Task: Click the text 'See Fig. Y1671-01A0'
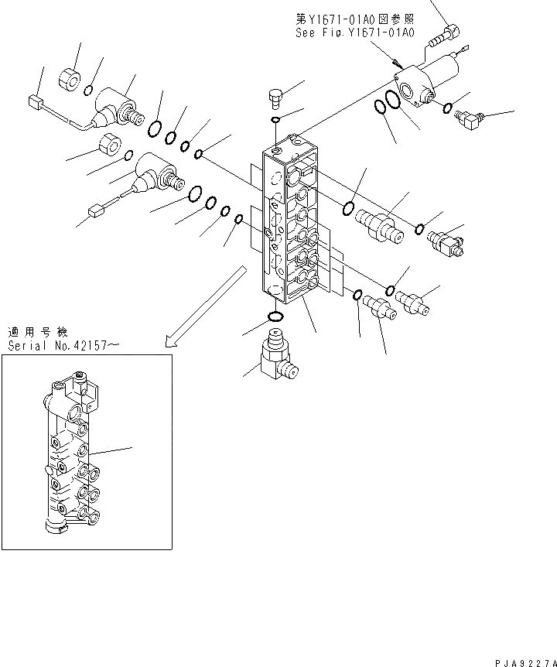[x=355, y=33]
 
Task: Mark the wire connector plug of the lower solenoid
[x=97, y=209]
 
